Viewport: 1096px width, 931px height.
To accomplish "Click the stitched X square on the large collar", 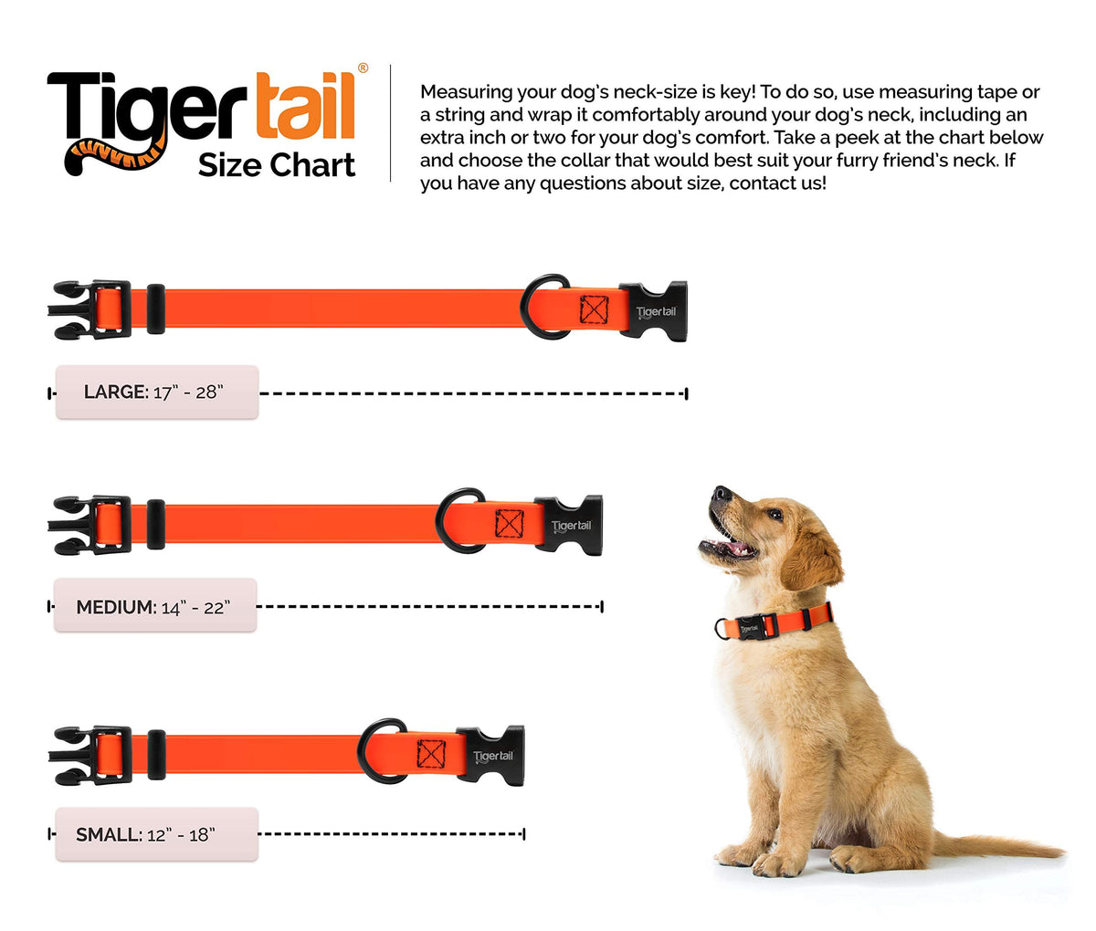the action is point(594,309).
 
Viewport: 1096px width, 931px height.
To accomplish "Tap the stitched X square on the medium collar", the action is point(509,523).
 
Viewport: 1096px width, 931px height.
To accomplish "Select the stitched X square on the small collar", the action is point(431,753).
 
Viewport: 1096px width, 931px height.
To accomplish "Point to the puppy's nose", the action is point(720,494).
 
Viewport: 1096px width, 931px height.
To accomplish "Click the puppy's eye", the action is point(775,514).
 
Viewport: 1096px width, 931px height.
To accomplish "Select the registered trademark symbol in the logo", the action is point(364,68).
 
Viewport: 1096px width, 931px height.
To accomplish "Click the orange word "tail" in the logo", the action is point(305,105).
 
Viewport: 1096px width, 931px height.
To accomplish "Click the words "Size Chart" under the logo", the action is point(276,165).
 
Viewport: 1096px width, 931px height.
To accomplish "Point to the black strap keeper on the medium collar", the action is point(156,524).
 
